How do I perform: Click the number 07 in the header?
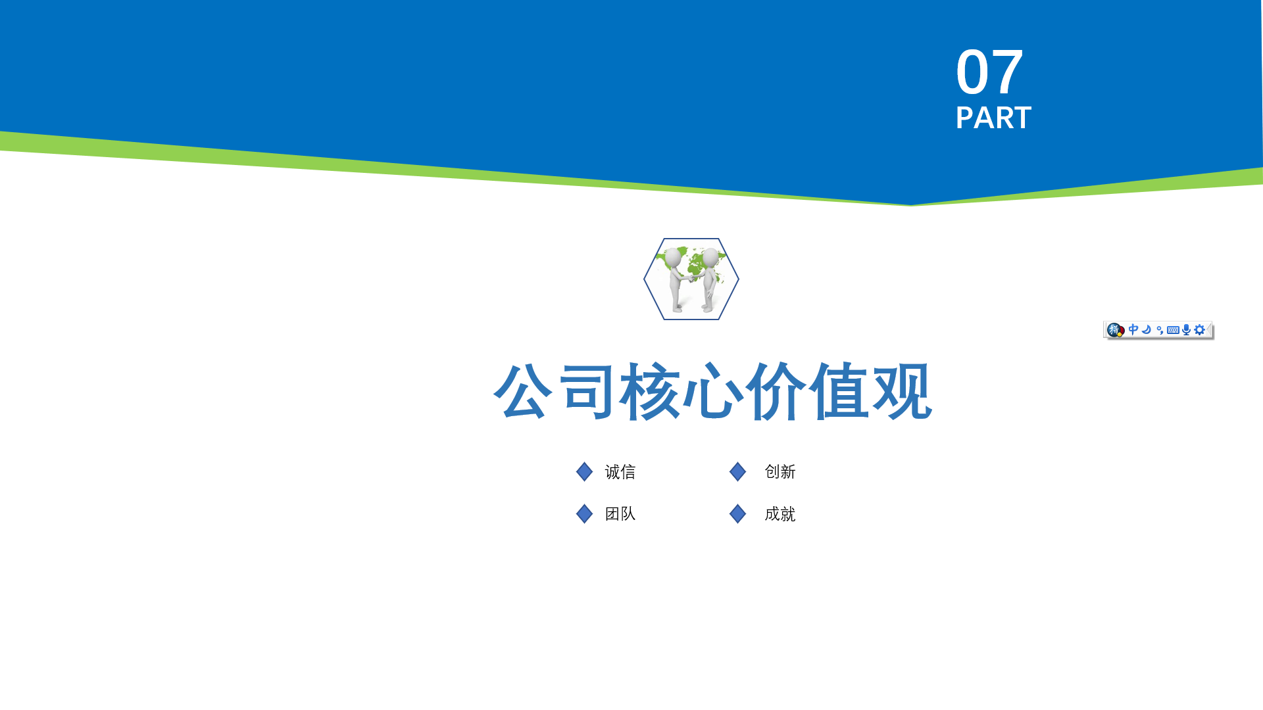tap(989, 72)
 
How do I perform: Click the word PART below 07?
tap(993, 118)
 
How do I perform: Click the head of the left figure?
tap(673, 257)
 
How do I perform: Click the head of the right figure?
tap(710, 257)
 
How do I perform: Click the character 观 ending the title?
tap(902, 390)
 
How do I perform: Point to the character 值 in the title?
tap(839, 390)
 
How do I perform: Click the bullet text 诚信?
tap(620, 472)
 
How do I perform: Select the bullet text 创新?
tap(780, 472)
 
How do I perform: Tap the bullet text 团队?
tap(620, 514)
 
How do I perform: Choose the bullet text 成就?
tap(780, 514)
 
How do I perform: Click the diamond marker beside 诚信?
tap(584, 472)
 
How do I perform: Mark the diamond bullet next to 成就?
tap(737, 514)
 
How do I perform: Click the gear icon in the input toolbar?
tap(1200, 330)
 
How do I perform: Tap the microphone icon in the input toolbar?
tap(1186, 330)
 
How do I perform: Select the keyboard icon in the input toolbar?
tap(1173, 330)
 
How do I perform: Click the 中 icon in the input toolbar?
tap(1133, 329)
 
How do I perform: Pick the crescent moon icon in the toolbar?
tap(1147, 329)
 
